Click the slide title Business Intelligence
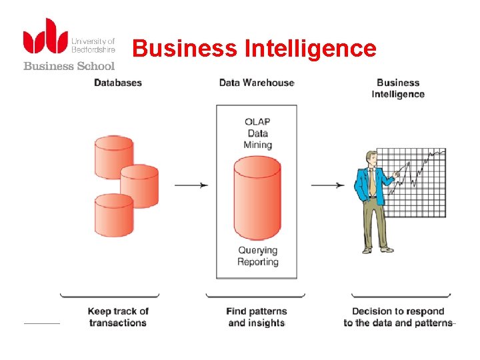click(x=254, y=49)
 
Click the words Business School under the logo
click(x=69, y=65)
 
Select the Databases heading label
click(x=118, y=83)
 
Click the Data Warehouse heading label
click(x=257, y=83)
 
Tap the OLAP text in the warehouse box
click(x=257, y=121)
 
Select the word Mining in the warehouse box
click(x=258, y=145)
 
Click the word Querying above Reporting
click(x=257, y=251)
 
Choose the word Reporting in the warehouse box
click(x=257, y=262)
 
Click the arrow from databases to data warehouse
click(x=191, y=185)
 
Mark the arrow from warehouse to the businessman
click(x=329, y=185)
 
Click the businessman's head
click(x=371, y=158)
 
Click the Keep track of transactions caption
click(x=118, y=317)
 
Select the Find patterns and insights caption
click(x=257, y=317)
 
